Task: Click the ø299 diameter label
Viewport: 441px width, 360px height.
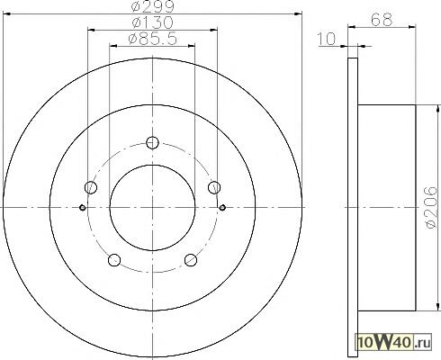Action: (152, 6)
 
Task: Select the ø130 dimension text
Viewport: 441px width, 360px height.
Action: (152, 22)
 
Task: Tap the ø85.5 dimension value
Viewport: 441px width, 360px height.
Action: (152, 39)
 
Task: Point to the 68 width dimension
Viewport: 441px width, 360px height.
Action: (382, 20)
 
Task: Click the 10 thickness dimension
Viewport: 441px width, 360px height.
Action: (327, 39)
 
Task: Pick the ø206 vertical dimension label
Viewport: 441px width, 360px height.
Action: (431, 207)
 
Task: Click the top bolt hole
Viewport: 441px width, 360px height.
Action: (152, 142)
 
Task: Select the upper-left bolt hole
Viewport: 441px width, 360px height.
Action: (91, 187)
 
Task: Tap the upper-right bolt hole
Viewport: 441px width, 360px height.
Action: (214, 187)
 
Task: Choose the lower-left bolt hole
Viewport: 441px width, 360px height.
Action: (114, 260)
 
